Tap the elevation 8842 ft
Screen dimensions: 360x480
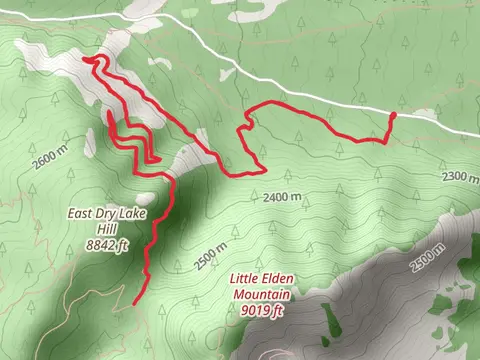pyautogui.click(x=108, y=243)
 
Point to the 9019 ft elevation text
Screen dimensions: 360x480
pyautogui.click(x=263, y=310)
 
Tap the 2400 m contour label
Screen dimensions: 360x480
pyautogui.click(x=283, y=198)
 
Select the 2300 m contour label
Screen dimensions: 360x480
pyautogui.click(x=459, y=177)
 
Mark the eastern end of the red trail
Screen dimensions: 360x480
pyautogui.click(x=392, y=116)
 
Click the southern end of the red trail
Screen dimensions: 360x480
pyautogui.click(x=134, y=301)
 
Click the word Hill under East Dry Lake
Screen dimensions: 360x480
pyautogui.click(x=108, y=228)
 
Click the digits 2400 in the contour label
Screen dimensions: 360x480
pyautogui.click(x=277, y=198)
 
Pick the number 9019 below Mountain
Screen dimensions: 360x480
pyautogui.click(x=255, y=310)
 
